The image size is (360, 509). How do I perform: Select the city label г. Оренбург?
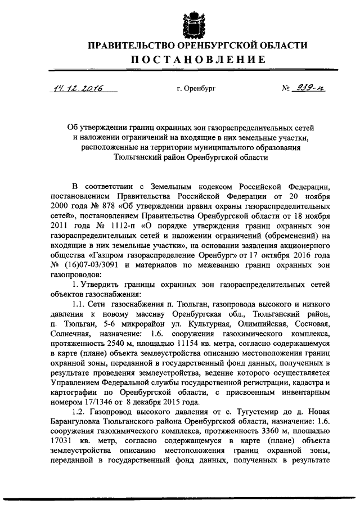pos(196,89)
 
